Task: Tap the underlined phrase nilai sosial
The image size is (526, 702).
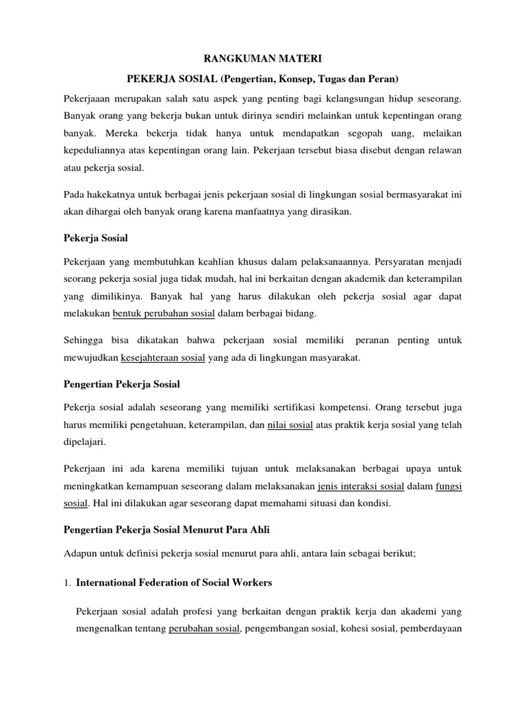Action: pos(290,425)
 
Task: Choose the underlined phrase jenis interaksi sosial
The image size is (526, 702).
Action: pos(362,486)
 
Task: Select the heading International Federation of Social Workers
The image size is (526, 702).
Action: pos(174,583)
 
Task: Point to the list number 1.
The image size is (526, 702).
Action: pos(66,583)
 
